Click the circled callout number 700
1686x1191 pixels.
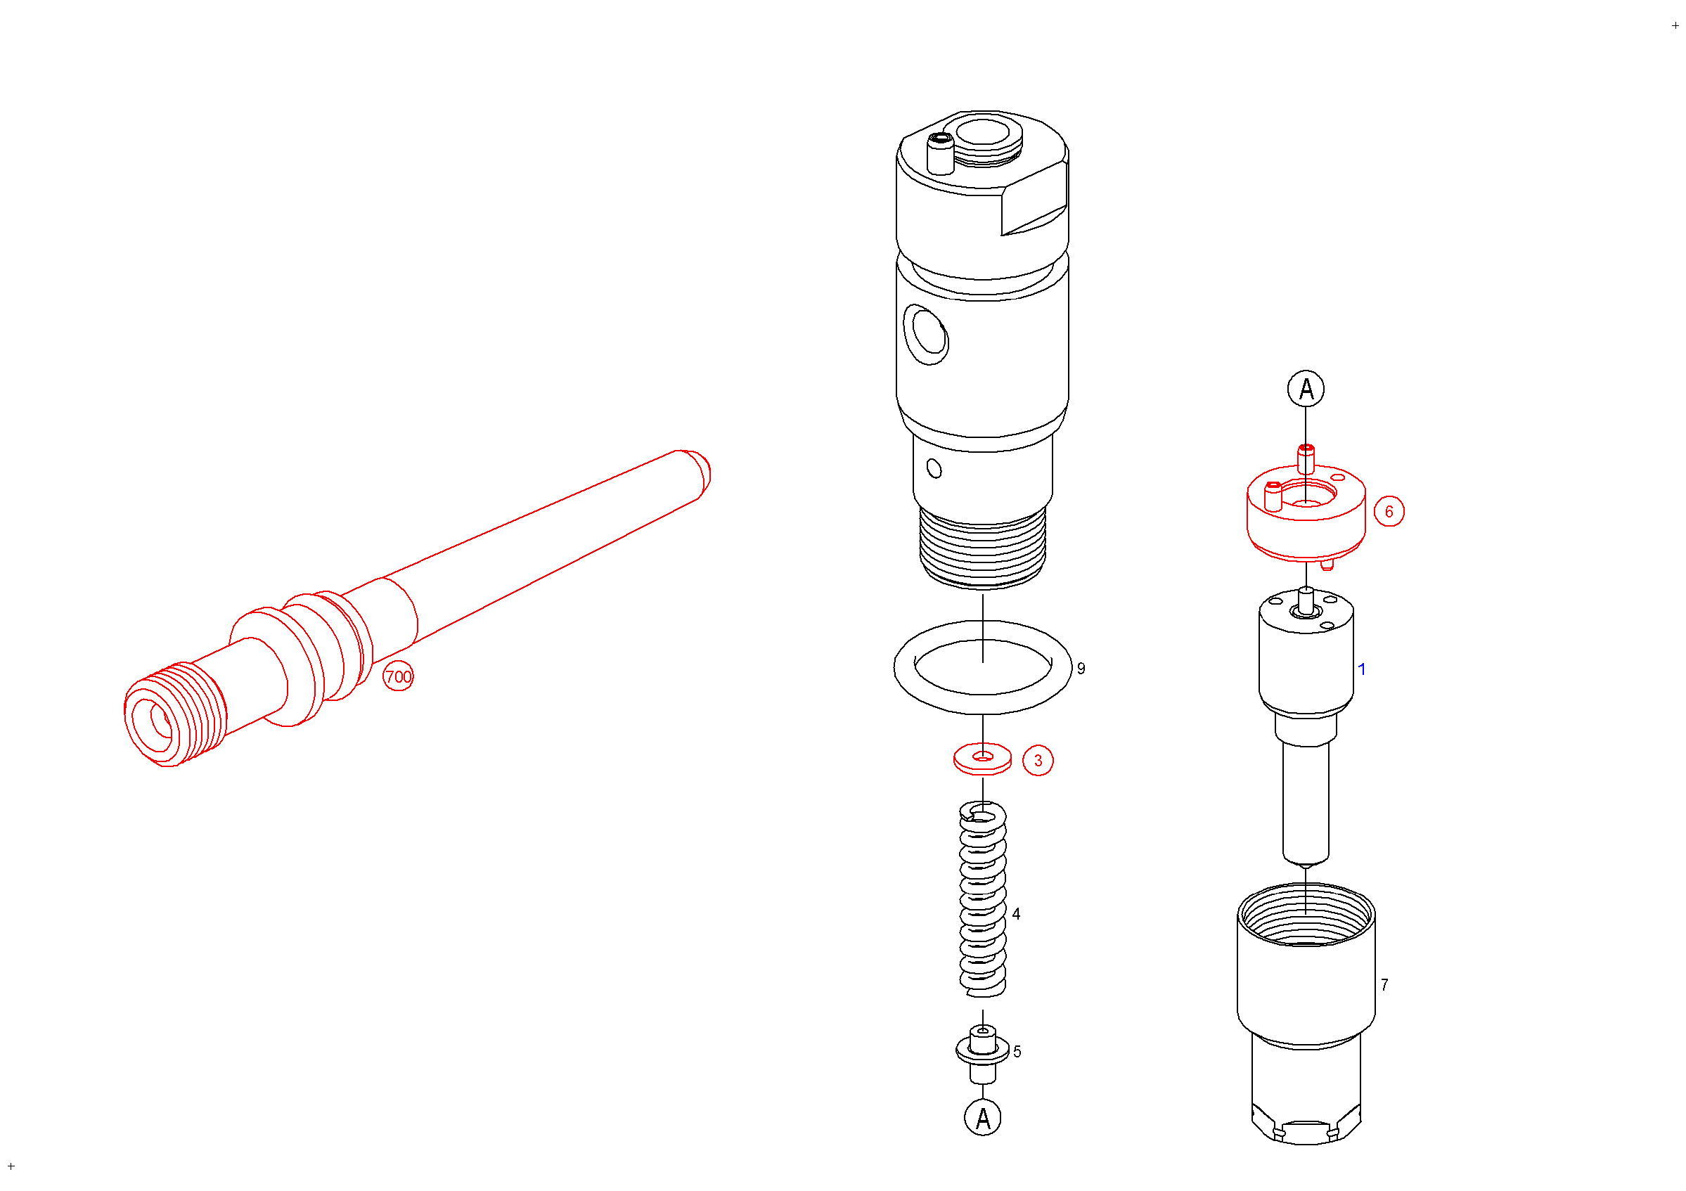tap(398, 676)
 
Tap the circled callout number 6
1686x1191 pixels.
tap(1389, 512)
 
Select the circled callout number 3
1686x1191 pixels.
tap(1038, 761)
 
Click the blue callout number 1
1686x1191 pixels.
tap(1362, 669)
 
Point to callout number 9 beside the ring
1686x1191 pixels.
tap(1081, 669)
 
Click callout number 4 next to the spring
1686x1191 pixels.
tap(1016, 914)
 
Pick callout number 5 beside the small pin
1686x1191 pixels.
tap(1017, 1052)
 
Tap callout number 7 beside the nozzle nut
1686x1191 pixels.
tap(1384, 985)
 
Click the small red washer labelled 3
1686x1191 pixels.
tap(982, 759)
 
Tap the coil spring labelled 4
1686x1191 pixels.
tap(982, 899)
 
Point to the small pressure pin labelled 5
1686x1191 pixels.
tap(982, 1055)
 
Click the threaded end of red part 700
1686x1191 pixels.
tap(175, 714)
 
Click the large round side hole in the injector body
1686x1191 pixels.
tap(925, 335)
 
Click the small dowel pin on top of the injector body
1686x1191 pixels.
tap(939, 153)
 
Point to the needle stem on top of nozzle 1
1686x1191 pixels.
tap(1306, 600)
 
